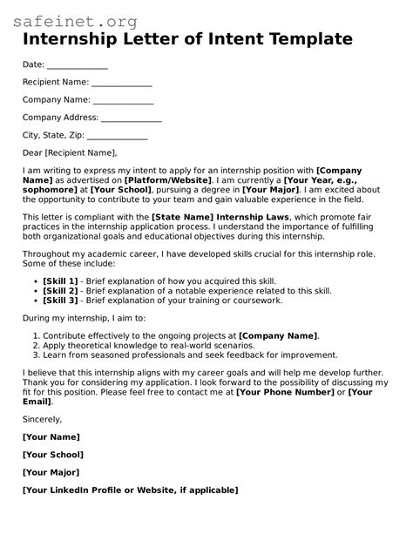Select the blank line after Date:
(x=77, y=65)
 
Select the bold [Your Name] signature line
(x=51, y=436)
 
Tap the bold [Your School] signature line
(x=53, y=455)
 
